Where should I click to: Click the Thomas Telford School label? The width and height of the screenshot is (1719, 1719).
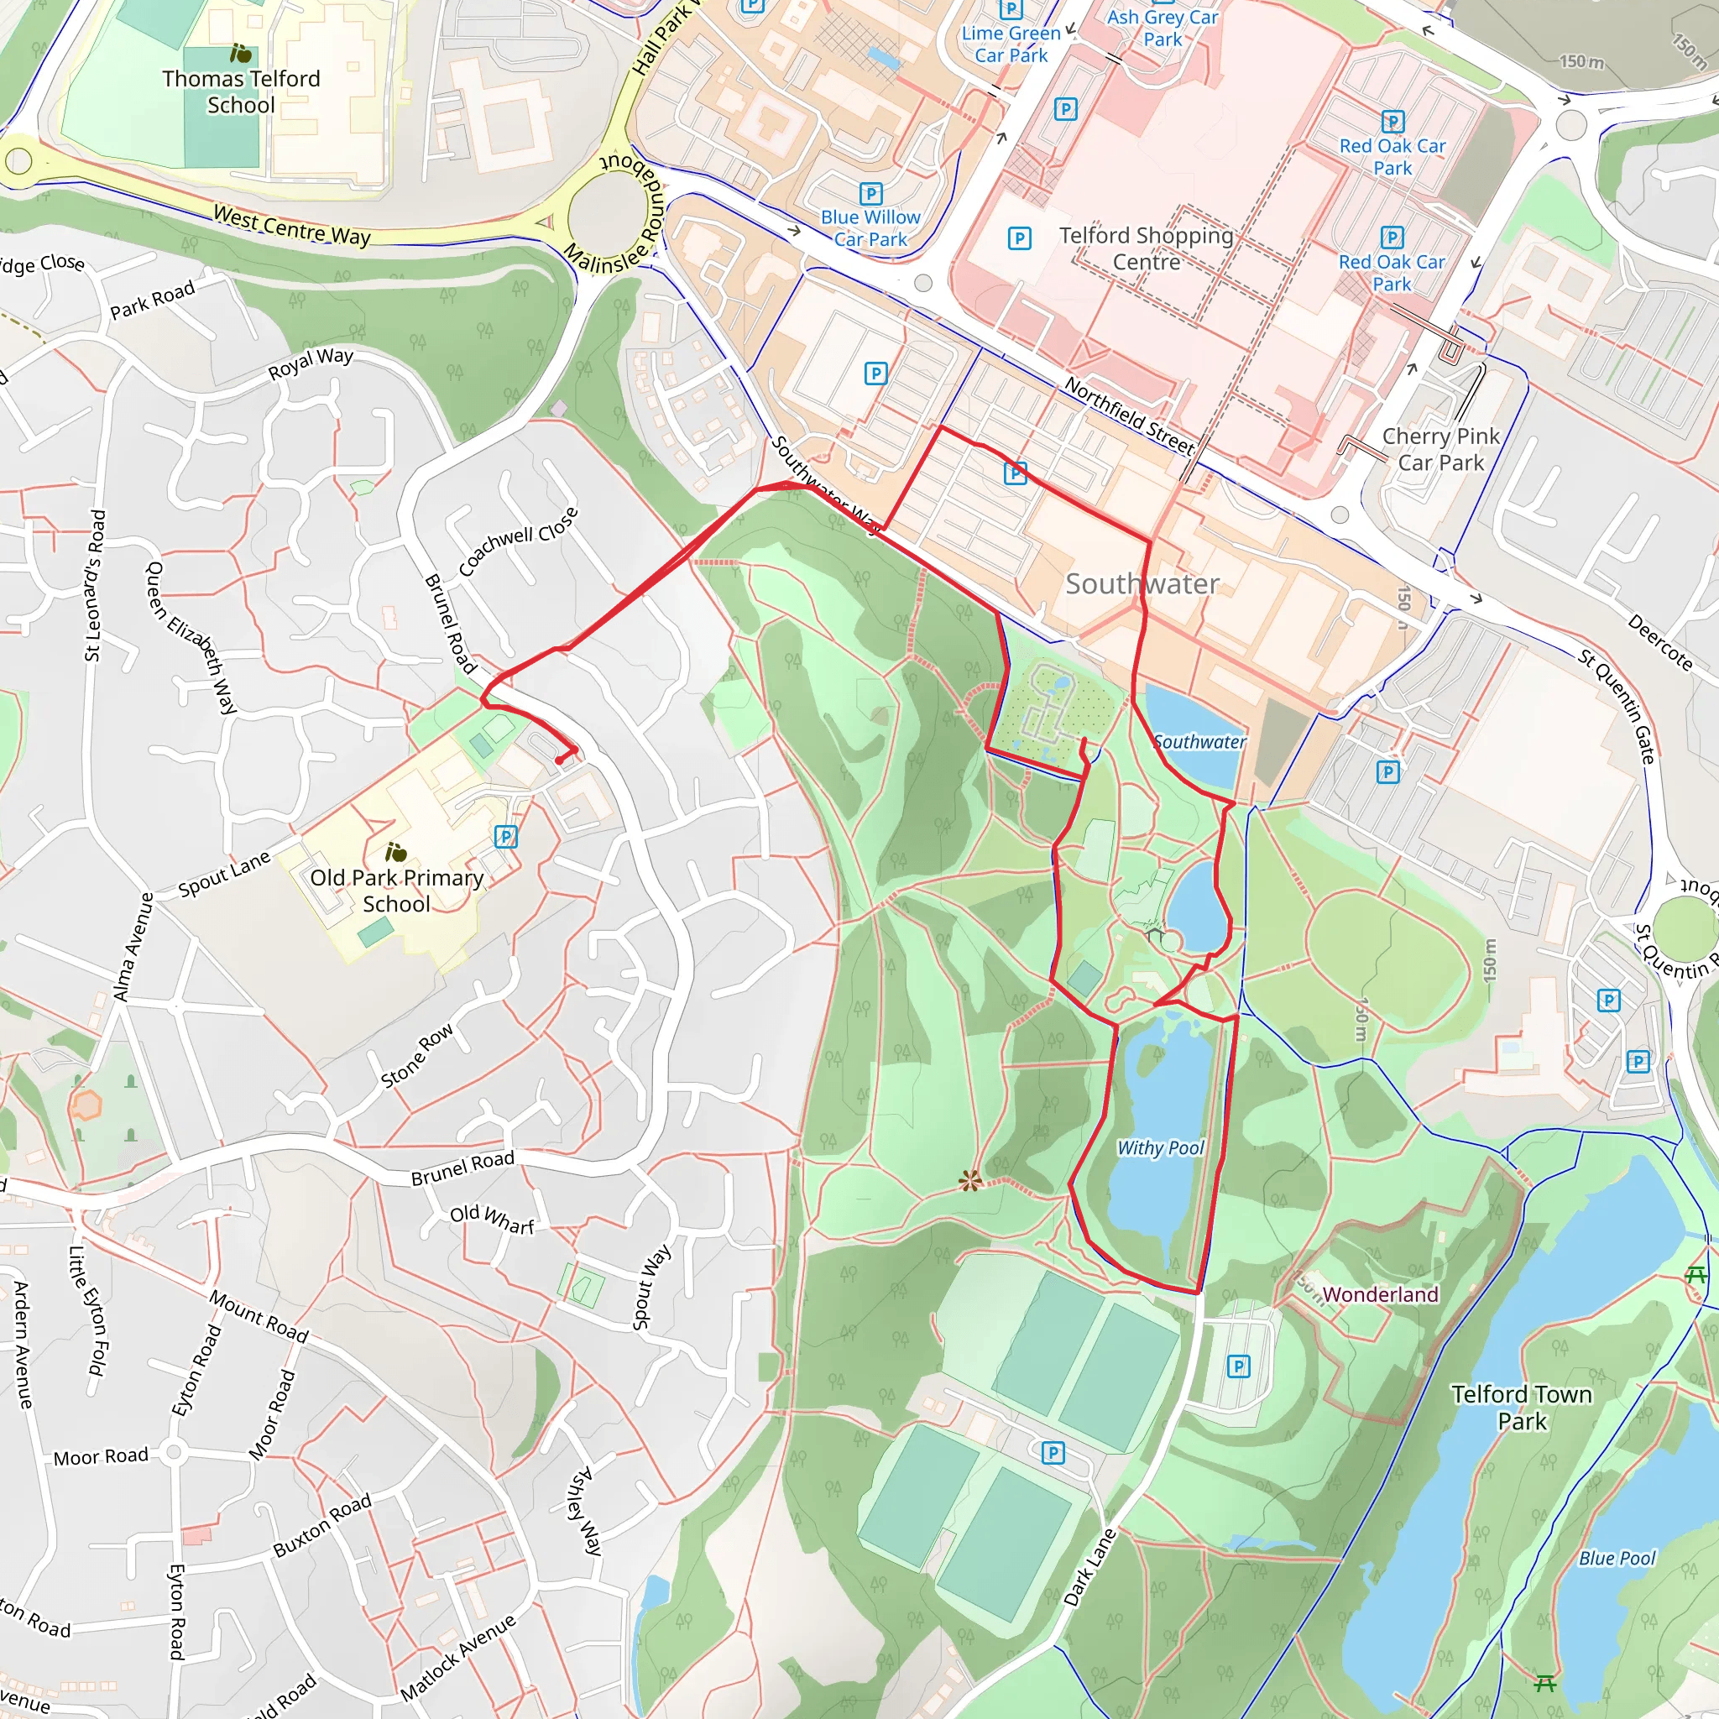(x=240, y=91)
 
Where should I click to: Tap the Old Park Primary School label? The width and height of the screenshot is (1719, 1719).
(x=397, y=891)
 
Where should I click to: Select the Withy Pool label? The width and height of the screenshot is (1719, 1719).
(x=1160, y=1147)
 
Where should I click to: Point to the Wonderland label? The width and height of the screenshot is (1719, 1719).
(x=1380, y=1294)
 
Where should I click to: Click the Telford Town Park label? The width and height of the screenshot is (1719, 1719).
(x=1522, y=1408)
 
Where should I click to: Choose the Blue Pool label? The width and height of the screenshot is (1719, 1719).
(x=1617, y=1558)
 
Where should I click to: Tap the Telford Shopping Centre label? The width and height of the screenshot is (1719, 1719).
(x=1146, y=248)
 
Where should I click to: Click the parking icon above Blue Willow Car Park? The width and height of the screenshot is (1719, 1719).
(x=870, y=194)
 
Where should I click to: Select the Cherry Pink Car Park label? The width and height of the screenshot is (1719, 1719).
(x=1440, y=449)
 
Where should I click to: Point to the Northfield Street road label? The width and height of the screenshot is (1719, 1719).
(x=1129, y=415)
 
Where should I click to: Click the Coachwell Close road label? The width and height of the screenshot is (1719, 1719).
(x=519, y=541)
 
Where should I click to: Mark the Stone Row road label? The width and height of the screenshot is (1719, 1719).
(x=417, y=1056)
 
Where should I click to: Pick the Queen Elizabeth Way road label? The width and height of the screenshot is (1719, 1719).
(x=191, y=637)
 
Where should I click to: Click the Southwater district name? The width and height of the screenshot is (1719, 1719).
(x=1142, y=583)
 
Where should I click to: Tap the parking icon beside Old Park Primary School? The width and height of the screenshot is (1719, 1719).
(x=505, y=836)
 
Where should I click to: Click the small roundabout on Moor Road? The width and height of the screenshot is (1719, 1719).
(x=174, y=1453)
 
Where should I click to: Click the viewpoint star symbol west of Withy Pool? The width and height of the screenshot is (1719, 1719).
(x=969, y=1182)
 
